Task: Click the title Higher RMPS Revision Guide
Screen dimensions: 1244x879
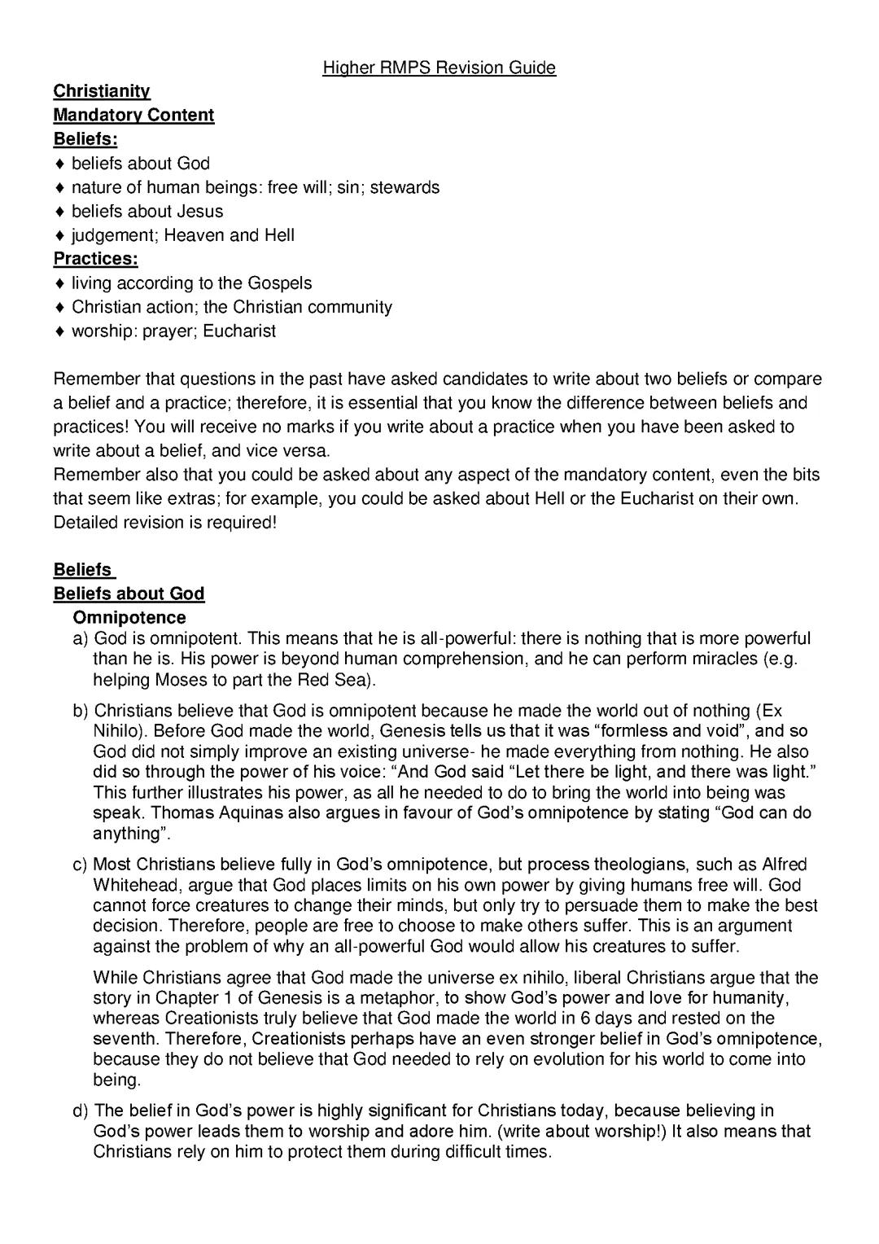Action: (439, 68)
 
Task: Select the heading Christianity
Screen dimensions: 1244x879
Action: (102, 91)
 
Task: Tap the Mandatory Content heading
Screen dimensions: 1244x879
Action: (133, 115)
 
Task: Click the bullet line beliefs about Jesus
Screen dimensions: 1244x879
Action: (146, 211)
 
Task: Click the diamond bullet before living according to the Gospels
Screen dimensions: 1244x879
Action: (59, 283)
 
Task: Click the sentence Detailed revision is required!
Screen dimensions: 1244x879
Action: (165, 523)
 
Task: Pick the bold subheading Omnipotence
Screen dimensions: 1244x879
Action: (129, 618)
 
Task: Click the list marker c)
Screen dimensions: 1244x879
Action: (81, 865)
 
